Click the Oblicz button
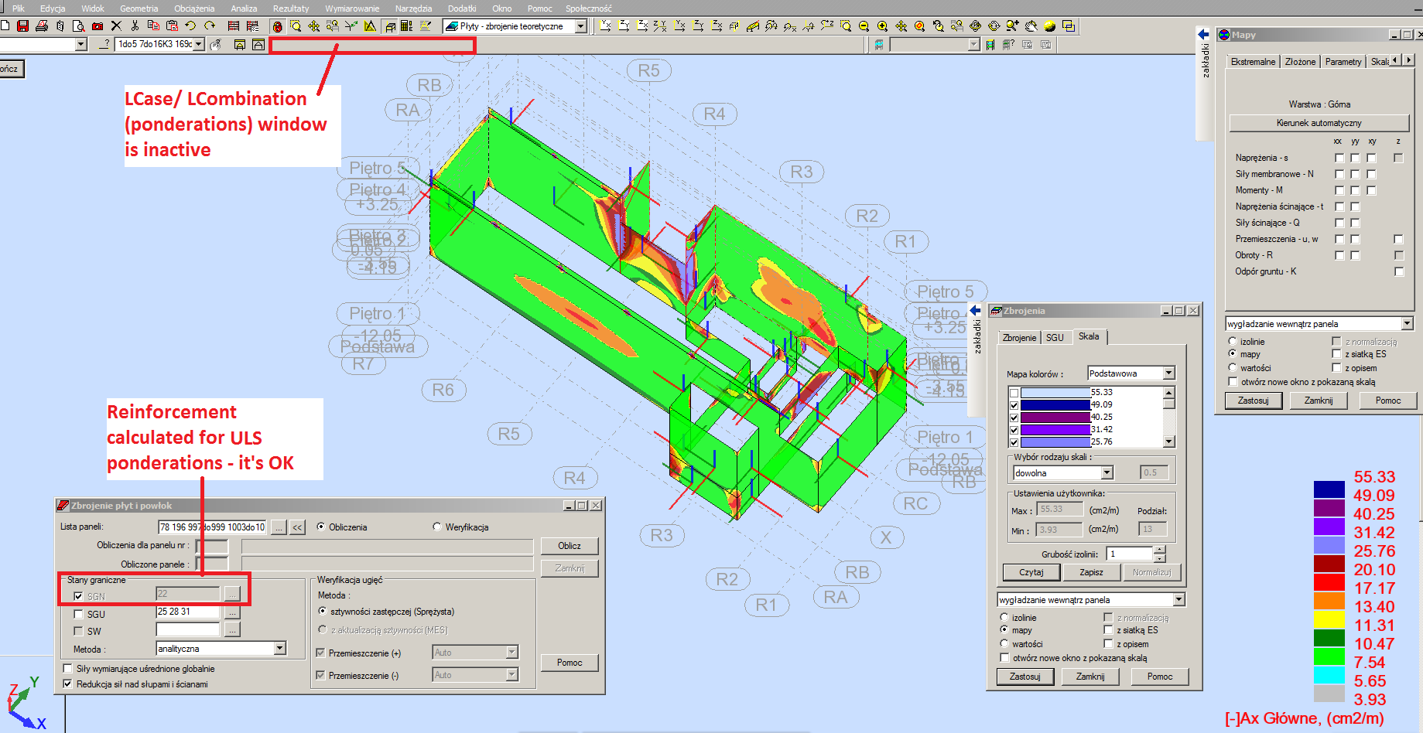pyautogui.click(x=569, y=546)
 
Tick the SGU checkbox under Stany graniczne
pyautogui.click(x=78, y=615)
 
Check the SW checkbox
pyautogui.click(x=78, y=632)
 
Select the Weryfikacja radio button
pyautogui.click(x=437, y=527)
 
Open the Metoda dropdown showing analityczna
pyautogui.click(x=280, y=649)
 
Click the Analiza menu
pyautogui.click(x=244, y=9)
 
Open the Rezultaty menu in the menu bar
pyautogui.click(x=290, y=9)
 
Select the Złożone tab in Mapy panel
pyautogui.click(x=1300, y=62)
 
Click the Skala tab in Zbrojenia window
pyautogui.click(x=1089, y=336)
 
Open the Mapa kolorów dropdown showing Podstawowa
pyautogui.click(x=1168, y=373)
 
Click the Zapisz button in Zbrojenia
pyautogui.click(x=1091, y=572)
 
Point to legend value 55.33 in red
pyautogui.click(x=1374, y=477)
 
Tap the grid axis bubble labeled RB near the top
pyautogui.click(x=429, y=85)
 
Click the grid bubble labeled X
pyautogui.click(x=886, y=537)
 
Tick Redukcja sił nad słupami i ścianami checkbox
pyautogui.click(x=67, y=684)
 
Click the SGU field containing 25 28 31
pyautogui.click(x=188, y=612)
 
